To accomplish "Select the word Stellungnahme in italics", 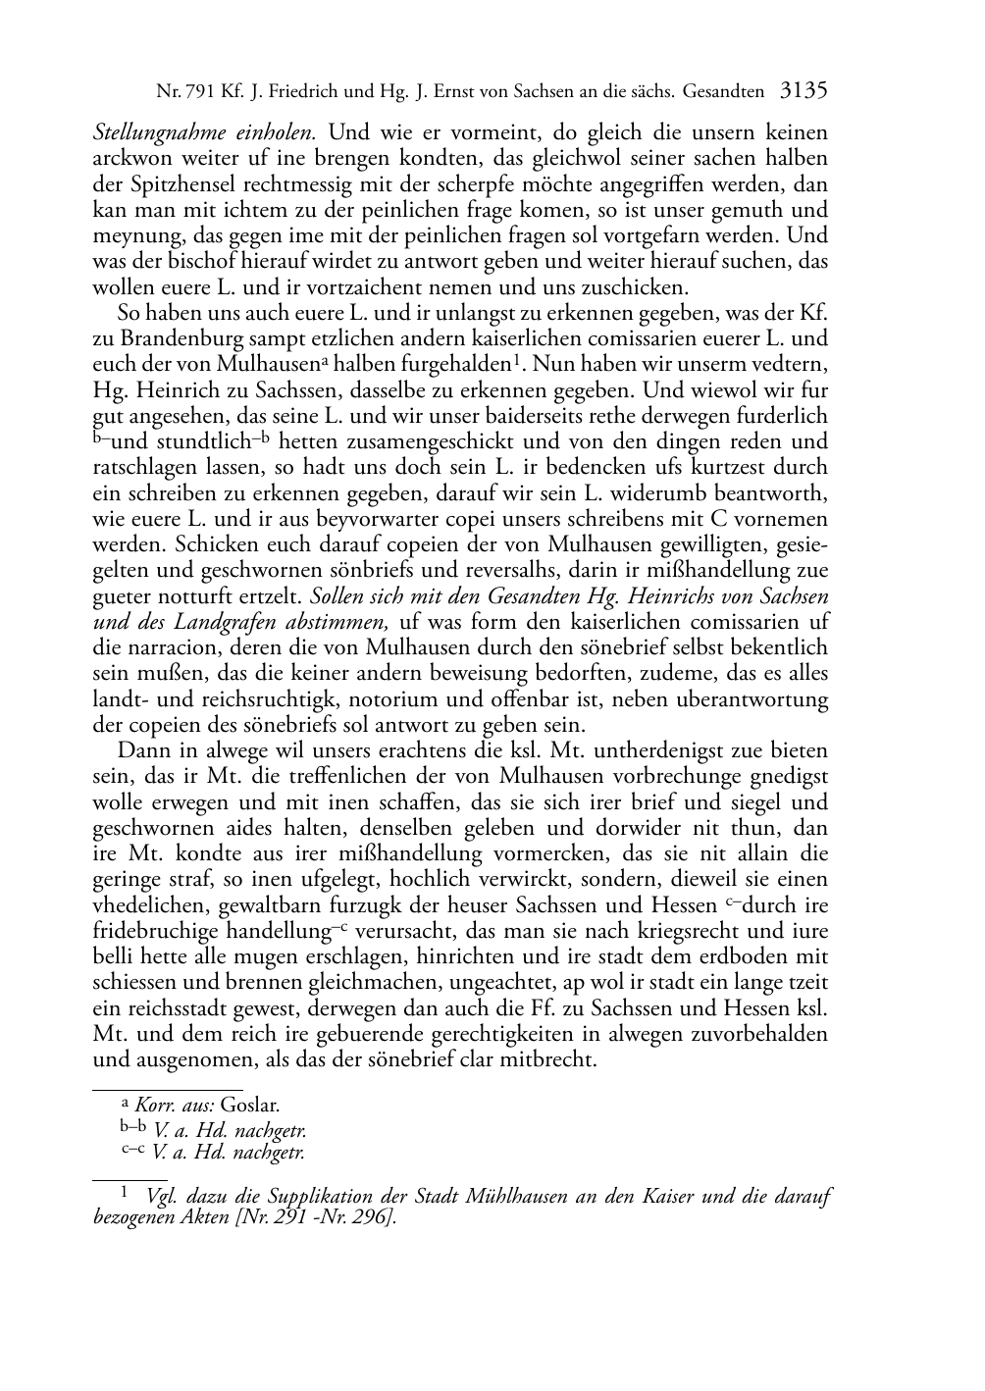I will pos(154,131).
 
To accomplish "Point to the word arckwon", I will pos(129,158).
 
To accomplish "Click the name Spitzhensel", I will pos(175,183).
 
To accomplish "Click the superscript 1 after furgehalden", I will pos(514,360).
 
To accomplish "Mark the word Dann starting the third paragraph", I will pos(141,750).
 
